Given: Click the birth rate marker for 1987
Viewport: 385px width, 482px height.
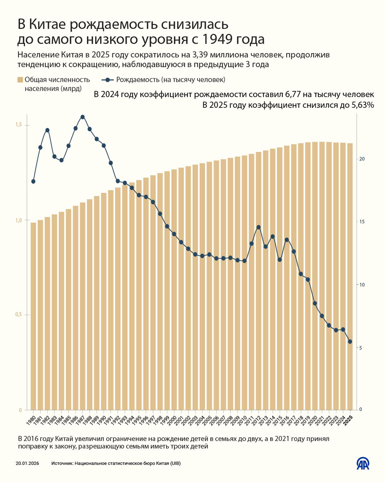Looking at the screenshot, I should coord(82,117).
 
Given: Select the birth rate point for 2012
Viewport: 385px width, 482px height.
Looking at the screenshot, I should coord(259,227).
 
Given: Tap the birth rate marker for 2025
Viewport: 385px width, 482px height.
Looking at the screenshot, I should coord(350,342).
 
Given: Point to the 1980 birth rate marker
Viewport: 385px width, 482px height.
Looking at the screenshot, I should coord(33,181).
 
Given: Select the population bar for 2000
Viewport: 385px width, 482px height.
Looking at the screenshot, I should coord(174,289).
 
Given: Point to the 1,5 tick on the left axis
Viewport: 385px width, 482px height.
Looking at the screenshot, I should coord(19,125).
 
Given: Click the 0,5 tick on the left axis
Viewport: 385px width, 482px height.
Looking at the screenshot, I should coord(19,315).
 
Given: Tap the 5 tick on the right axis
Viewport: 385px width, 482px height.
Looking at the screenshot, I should coord(361,348).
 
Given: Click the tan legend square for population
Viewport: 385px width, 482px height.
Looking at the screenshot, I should coord(20,80).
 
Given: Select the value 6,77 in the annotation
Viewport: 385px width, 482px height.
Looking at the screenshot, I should coord(294,94).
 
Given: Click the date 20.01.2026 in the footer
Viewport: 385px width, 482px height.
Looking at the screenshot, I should coord(28,463).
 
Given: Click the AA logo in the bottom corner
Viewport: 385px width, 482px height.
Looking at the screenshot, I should coord(363,463).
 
